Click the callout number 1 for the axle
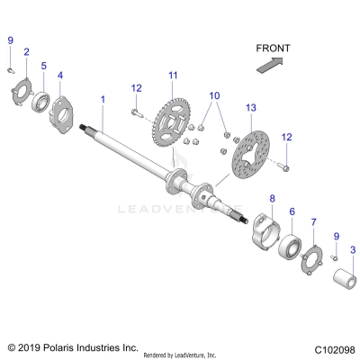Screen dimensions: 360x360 [103, 96]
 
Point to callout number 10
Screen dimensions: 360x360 [214, 94]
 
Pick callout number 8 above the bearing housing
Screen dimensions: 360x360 [274, 198]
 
